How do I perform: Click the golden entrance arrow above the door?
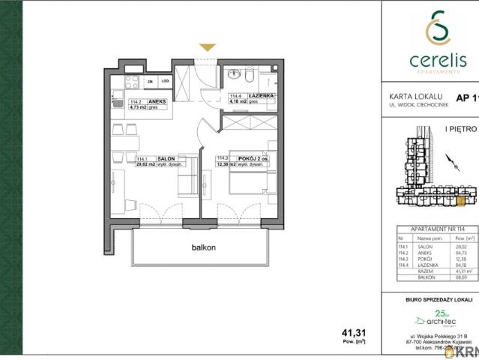208,47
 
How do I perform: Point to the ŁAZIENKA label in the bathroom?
261,96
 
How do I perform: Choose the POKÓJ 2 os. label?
252,158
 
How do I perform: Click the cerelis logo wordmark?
430,58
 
